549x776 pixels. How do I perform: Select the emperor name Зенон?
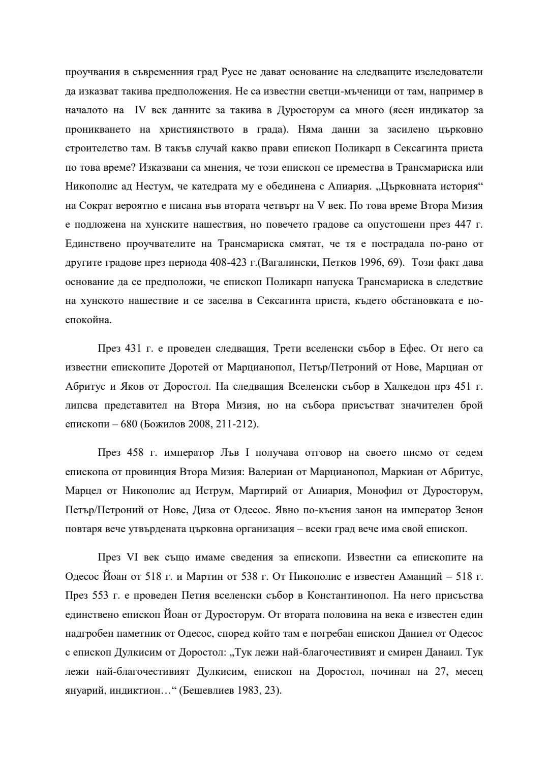pyautogui.click(x=468, y=510)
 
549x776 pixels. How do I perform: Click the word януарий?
pyautogui.click(x=84, y=691)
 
